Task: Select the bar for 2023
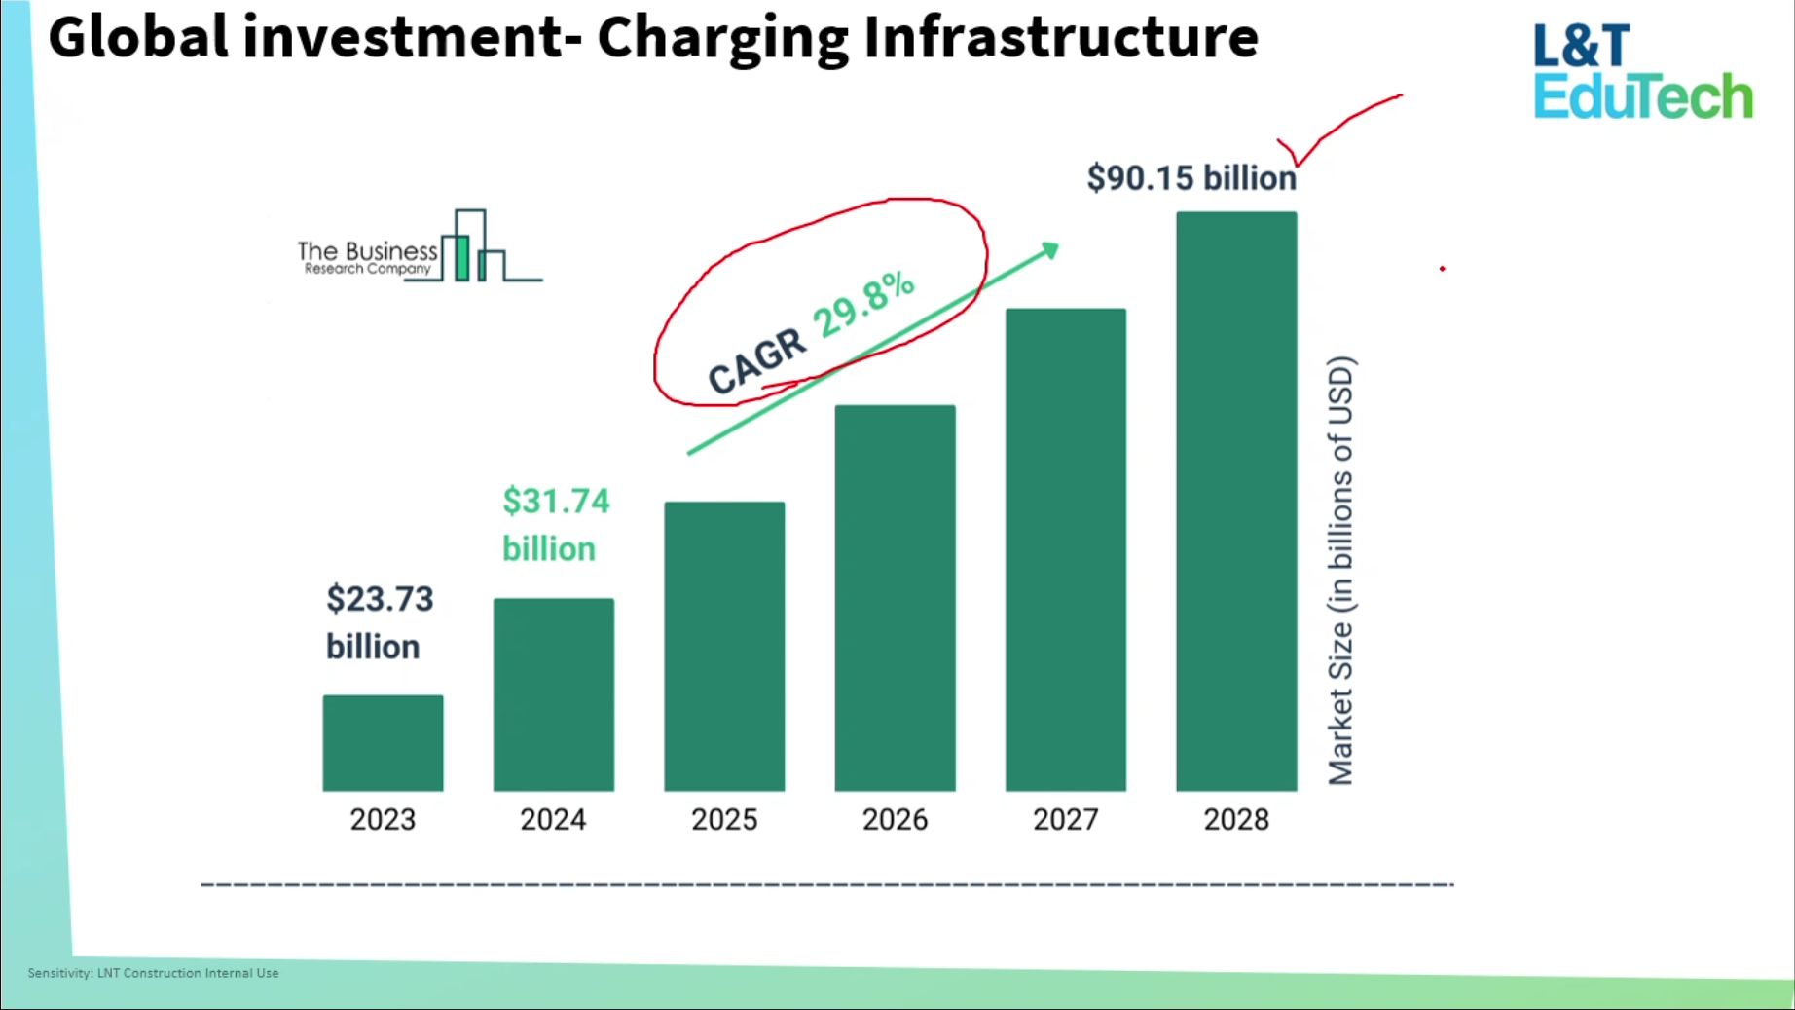383,742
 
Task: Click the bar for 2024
553,693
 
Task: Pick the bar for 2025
724,646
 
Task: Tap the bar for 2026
895,597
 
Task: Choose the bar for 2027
1065,549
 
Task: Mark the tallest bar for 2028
1236,501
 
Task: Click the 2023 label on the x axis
383,820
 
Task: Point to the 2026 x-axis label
895,820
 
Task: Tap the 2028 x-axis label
1236,820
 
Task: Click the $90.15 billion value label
1191,178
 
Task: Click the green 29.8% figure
864,305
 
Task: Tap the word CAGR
757,360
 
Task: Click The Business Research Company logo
419,249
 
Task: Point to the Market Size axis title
1340,570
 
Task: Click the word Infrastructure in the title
1060,37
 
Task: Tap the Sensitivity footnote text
153,973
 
